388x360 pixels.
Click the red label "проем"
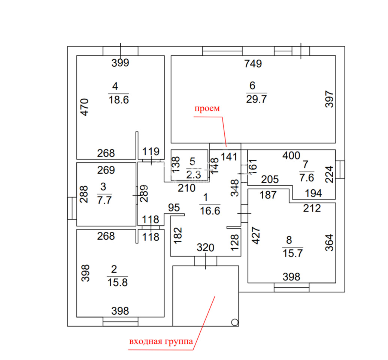point(207,109)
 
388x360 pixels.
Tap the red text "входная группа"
point(161,342)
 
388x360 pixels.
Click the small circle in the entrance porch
point(234,322)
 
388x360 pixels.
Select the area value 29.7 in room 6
point(256,99)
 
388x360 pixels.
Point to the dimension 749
point(253,64)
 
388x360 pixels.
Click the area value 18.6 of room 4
point(119,100)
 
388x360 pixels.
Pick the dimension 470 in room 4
point(85,107)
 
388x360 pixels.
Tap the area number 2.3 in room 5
point(194,175)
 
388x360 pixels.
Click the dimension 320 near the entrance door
point(205,247)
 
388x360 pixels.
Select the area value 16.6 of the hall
point(210,211)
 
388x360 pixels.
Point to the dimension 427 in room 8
point(256,235)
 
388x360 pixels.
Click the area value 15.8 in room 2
point(118,282)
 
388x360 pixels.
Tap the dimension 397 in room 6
point(329,99)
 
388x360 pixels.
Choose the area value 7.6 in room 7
point(307,178)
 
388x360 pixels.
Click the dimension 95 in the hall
point(174,208)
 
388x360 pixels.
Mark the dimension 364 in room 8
point(329,243)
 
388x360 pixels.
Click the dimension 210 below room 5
point(187,188)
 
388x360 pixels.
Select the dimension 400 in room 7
point(291,156)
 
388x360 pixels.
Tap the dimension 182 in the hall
point(178,235)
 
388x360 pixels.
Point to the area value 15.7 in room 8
point(293,253)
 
